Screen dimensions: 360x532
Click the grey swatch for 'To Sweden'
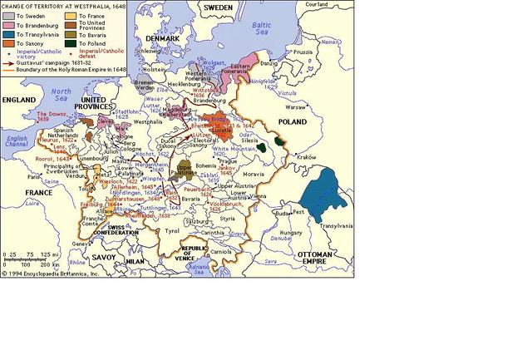click(8, 16)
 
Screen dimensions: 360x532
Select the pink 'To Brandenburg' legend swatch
click(8, 27)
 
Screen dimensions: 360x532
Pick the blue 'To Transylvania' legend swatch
click(8, 37)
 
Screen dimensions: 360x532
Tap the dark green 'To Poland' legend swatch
click(71, 47)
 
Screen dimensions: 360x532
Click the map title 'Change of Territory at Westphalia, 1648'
click(63, 5)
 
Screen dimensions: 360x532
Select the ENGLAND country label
click(20, 99)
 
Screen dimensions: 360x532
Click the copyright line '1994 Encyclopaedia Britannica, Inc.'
click(62, 272)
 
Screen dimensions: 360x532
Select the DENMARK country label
click(160, 39)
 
